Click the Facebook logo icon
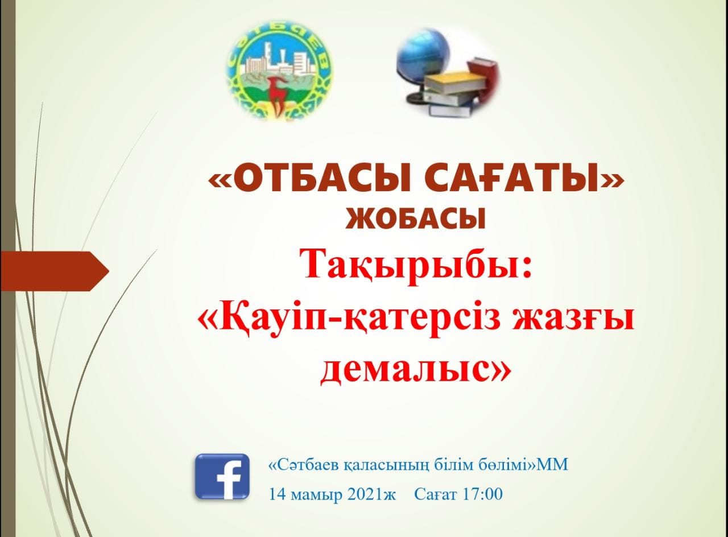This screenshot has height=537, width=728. tap(222, 477)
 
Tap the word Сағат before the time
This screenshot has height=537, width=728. tap(435, 494)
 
